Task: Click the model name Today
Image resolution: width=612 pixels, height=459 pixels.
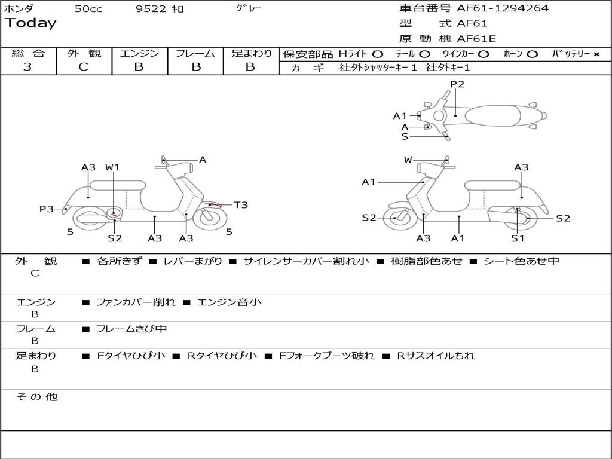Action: click(30, 23)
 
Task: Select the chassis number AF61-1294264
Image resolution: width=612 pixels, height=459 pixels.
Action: click(503, 8)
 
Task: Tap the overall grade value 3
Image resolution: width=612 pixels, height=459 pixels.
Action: click(27, 67)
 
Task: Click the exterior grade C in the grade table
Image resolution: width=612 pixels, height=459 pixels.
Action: click(84, 67)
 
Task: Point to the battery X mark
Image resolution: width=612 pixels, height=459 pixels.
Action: click(596, 54)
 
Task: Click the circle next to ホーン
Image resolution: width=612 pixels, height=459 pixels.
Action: click(531, 54)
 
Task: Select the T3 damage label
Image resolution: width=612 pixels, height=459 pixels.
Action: click(241, 205)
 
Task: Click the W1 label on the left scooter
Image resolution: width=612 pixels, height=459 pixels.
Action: click(112, 167)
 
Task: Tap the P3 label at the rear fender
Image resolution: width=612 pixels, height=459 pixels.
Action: click(47, 209)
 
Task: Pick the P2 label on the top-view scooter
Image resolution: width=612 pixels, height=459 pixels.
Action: click(457, 84)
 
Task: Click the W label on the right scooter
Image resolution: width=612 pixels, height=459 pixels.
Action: click(408, 160)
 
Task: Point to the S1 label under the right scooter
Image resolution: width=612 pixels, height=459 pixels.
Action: click(518, 238)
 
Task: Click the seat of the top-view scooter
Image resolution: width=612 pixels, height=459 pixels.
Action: click(492, 116)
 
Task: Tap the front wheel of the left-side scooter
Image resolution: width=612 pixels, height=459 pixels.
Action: click(210, 218)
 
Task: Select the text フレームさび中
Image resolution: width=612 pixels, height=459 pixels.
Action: click(131, 329)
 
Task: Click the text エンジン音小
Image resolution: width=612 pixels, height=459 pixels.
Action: click(229, 302)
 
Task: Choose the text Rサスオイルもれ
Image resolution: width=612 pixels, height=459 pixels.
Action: click(436, 356)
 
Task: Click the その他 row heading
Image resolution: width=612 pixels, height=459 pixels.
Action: click(37, 397)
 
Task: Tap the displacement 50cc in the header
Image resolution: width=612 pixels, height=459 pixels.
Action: click(88, 9)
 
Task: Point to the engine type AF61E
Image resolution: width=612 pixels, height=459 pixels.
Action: click(476, 39)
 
